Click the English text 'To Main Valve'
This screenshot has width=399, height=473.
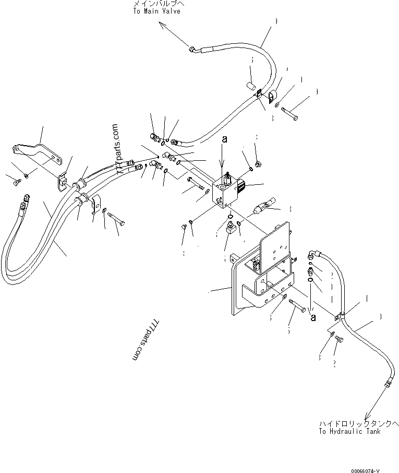[156, 11]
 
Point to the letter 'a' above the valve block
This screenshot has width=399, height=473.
[224, 140]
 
